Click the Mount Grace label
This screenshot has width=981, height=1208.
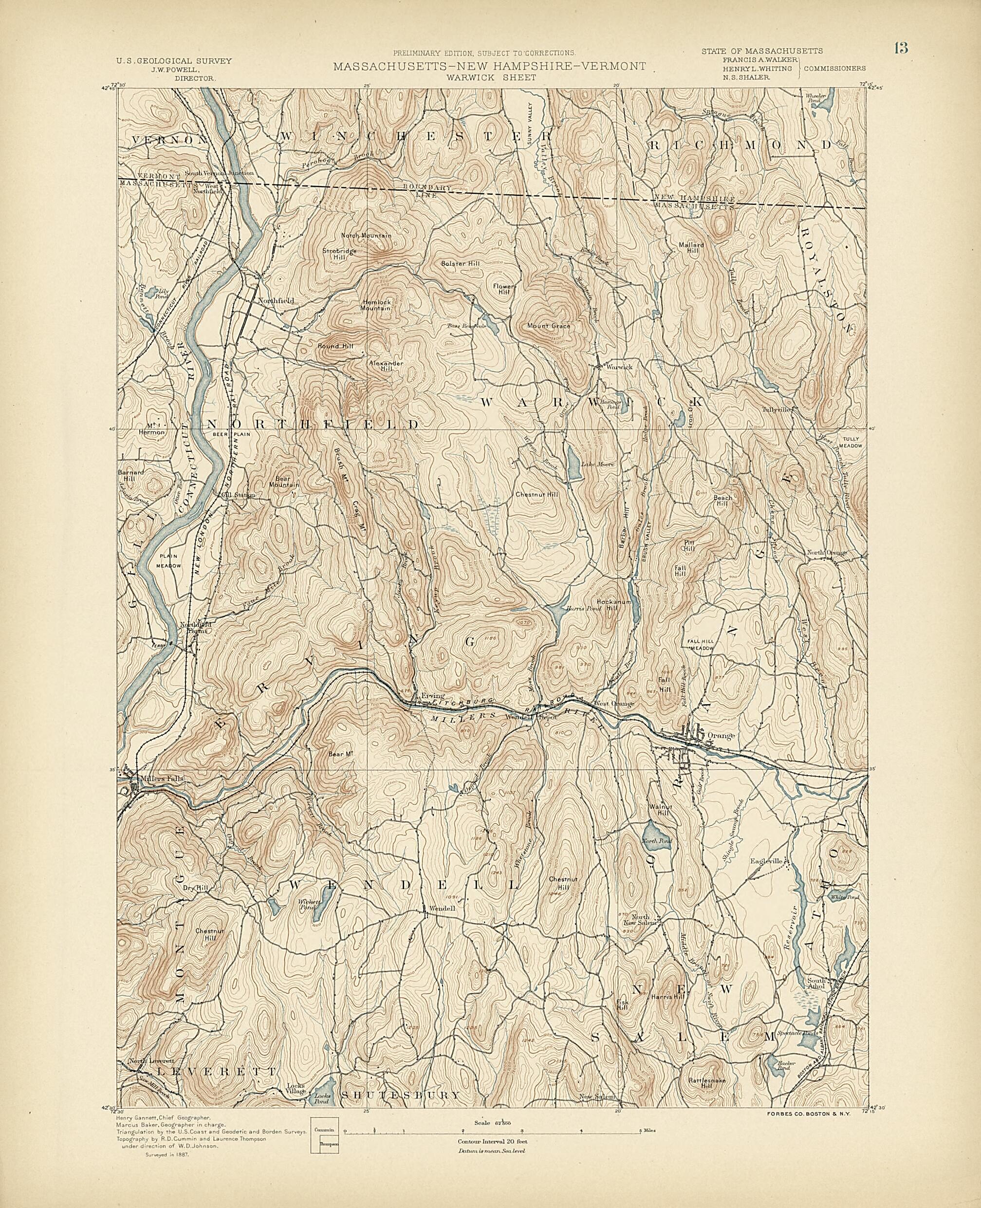click(548, 326)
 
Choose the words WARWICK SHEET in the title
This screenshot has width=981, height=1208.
click(489, 78)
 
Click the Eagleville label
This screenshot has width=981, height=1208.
click(766, 861)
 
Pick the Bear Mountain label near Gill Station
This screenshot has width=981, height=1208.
click(284, 482)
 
